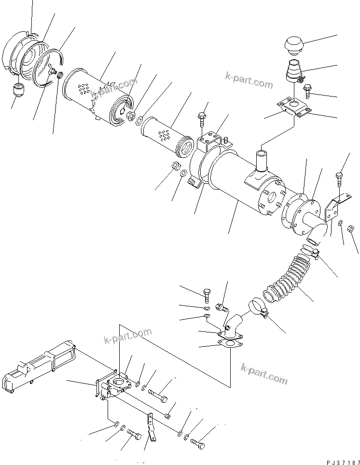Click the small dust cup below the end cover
tap(19, 89)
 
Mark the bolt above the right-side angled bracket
tap(340, 180)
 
